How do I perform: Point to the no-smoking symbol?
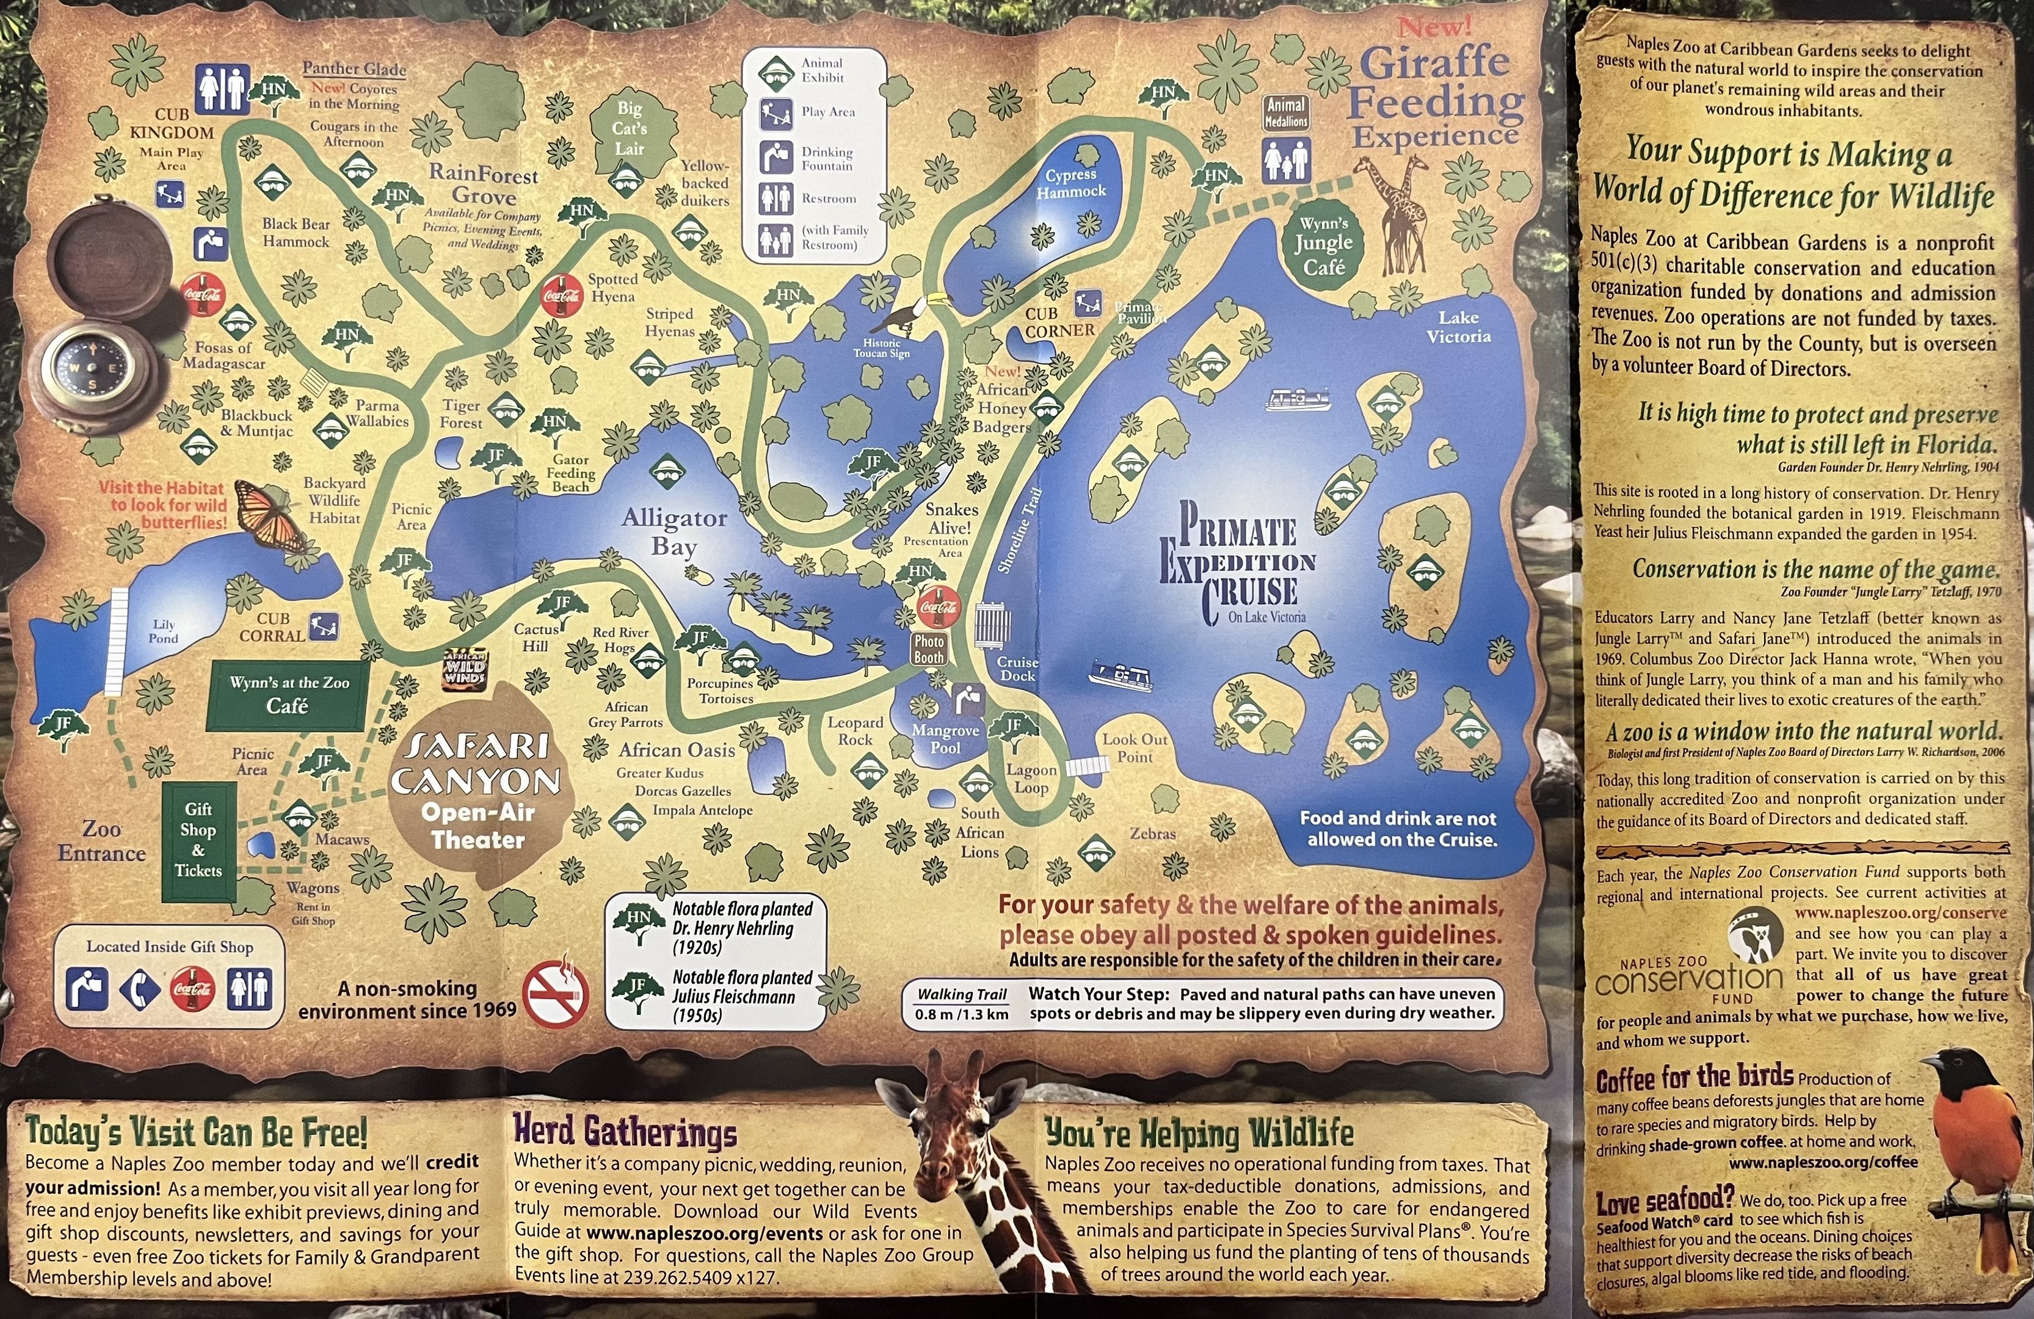[x=556, y=994]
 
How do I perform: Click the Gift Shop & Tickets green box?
[x=198, y=840]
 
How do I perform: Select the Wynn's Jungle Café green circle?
[x=1323, y=245]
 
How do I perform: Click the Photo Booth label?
[x=929, y=649]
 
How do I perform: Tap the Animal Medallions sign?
[x=1286, y=112]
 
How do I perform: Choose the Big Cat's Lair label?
[x=629, y=128]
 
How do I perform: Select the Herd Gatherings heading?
[x=625, y=1131]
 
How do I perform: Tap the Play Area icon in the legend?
[x=776, y=112]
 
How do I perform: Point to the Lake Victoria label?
[x=1458, y=327]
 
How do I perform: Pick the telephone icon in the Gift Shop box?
[x=139, y=990]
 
